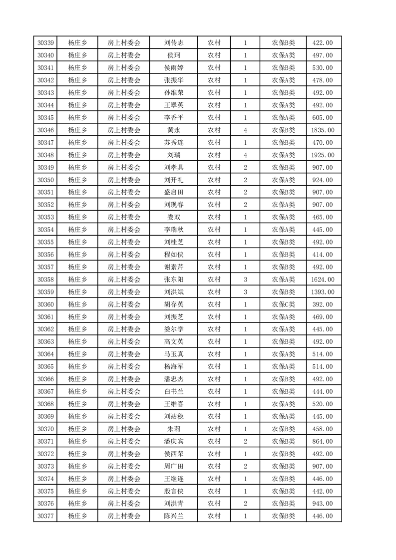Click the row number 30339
45,43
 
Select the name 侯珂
174,55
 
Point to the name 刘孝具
174,168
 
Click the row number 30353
45,218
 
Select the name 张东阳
174,280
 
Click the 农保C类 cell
283,304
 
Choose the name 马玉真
174,354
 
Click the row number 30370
45,429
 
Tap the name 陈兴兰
174,516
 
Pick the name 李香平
174,118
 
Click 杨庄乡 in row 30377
77,516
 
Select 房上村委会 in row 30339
124,43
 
